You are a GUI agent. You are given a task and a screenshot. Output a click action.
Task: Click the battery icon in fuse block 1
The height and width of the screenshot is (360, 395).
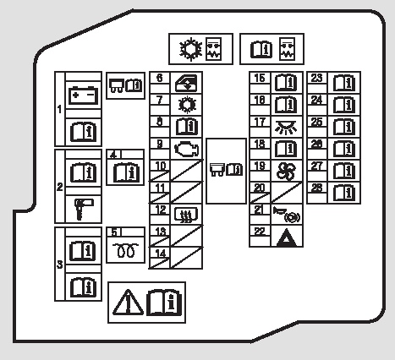(x=84, y=95)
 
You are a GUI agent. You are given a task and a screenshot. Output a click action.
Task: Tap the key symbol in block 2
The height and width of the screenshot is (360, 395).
(x=84, y=210)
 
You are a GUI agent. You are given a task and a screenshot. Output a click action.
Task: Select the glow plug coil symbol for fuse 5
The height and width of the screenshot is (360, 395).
(x=126, y=250)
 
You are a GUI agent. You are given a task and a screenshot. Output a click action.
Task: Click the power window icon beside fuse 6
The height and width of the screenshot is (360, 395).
(x=186, y=83)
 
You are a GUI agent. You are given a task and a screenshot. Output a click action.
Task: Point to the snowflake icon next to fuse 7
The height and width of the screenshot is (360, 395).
(x=187, y=105)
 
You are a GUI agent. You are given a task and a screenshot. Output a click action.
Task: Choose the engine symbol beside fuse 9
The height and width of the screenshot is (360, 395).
(x=186, y=149)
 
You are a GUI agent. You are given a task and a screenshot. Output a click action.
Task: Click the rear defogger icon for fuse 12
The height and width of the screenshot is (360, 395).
(x=186, y=215)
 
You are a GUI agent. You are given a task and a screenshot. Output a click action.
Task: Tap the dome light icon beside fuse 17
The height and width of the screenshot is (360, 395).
(x=286, y=127)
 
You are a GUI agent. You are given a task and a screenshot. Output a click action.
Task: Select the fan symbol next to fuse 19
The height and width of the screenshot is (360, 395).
(x=286, y=171)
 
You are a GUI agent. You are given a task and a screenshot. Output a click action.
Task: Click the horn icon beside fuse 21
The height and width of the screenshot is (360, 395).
(x=286, y=215)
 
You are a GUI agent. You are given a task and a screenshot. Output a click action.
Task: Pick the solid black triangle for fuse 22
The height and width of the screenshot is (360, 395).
(x=287, y=237)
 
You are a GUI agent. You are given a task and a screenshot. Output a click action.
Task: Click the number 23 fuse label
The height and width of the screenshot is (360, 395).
(x=316, y=78)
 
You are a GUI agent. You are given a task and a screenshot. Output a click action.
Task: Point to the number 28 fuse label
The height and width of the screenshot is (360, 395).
(x=316, y=188)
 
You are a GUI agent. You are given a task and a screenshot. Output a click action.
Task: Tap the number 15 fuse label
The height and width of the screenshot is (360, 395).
(x=260, y=78)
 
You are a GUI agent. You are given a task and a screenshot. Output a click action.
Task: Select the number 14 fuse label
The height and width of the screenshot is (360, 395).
(x=160, y=254)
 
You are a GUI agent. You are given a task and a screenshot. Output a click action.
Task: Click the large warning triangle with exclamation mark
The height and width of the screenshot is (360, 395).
(x=128, y=303)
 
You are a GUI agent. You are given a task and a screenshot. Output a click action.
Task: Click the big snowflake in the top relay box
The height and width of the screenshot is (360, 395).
(x=191, y=49)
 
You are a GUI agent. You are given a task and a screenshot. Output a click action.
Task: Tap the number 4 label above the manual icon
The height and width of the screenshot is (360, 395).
(x=113, y=155)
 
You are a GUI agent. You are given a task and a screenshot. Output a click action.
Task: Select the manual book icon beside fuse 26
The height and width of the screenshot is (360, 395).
(x=344, y=149)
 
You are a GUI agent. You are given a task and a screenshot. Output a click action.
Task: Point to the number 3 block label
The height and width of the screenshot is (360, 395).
(x=59, y=265)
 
